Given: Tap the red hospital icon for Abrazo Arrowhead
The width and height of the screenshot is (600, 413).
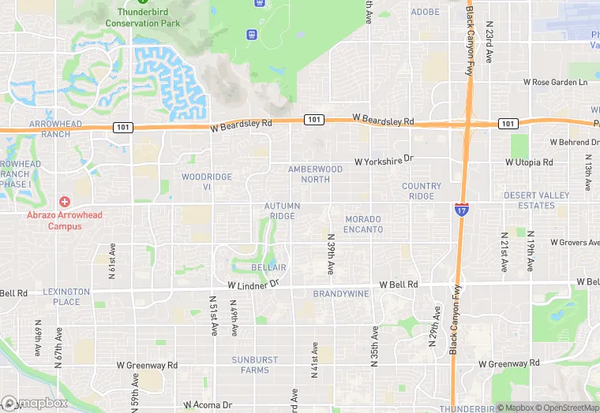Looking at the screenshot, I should coord(64,202).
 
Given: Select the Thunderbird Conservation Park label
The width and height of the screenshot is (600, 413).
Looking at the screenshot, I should coord(148,17).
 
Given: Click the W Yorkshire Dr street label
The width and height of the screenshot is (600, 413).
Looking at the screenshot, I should coord(384,160).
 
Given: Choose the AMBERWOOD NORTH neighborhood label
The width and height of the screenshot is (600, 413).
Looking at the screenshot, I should coord(315,174).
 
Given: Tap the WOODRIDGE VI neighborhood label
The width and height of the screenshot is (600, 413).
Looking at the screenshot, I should coord(207,182).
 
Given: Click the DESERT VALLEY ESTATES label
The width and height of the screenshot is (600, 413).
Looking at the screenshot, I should coord(536,200).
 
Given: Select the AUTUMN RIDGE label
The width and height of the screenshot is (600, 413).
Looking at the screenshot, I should coord(282,211).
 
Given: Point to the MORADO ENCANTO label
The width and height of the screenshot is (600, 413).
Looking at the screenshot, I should coord(363,224).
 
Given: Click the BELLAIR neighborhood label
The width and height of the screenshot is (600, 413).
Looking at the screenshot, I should coord(268,268).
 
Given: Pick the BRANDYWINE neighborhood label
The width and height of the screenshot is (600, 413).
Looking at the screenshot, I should coord(341,294).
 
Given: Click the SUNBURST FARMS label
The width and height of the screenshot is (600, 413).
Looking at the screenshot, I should coord(255,365).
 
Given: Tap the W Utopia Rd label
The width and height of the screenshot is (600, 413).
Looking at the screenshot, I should coord(529,162).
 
